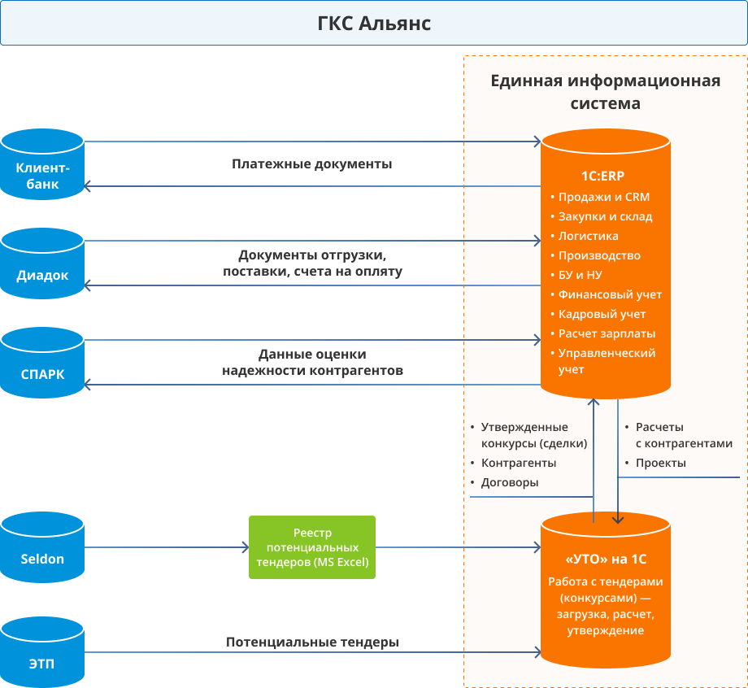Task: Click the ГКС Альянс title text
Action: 374,24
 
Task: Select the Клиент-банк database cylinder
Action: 42,167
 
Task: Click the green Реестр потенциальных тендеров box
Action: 312,547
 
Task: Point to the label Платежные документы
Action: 312,164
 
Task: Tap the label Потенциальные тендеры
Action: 312,642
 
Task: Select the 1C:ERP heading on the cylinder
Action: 603,176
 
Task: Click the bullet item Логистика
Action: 588,236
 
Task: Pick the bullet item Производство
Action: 599,255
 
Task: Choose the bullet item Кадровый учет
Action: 602,314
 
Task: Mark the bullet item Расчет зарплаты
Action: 607,333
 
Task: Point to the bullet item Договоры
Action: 510,482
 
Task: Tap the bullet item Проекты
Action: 660,463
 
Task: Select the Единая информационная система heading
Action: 606,92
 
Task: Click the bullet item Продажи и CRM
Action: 603,197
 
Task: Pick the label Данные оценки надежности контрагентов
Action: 312,363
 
